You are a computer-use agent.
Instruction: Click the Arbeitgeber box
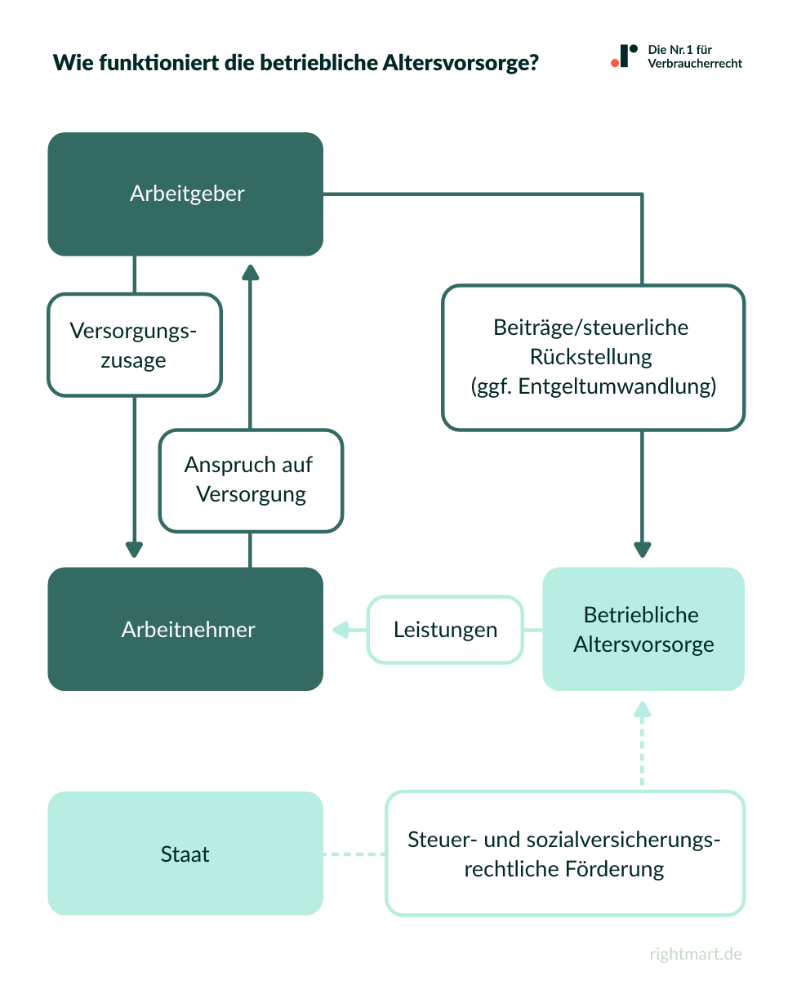point(185,194)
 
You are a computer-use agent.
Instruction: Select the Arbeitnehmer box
point(185,629)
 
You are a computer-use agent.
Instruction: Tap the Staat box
point(185,854)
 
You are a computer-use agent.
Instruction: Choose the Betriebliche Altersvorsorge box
point(643,629)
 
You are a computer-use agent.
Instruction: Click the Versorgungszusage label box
point(135,345)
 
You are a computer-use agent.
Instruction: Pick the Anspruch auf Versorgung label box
point(251,480)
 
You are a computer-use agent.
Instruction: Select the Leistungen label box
point(445,630)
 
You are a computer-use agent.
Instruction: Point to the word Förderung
point(614,868)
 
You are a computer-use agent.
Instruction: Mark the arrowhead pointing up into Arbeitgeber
point(250,273)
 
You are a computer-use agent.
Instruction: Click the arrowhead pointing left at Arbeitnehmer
point(338,630)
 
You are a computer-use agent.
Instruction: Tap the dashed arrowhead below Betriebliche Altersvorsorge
point(643,709)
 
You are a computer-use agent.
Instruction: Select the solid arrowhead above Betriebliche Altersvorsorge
point(643,548)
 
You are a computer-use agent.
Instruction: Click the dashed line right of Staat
point(354,854)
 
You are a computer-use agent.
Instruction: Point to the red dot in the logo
point(614,63)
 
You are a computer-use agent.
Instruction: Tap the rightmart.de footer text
point(696,954)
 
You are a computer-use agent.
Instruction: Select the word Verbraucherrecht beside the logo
point(695,64)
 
